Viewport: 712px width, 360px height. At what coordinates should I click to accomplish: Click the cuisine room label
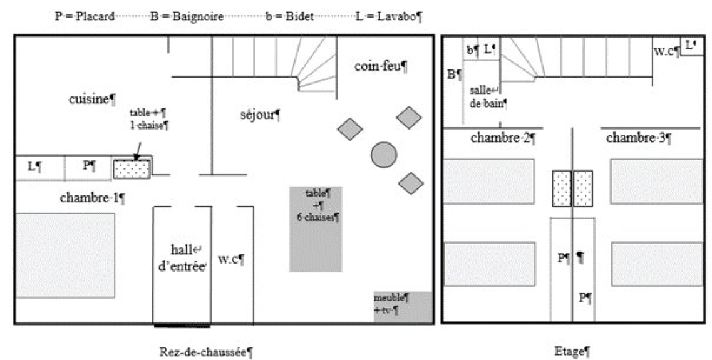coord(92,98)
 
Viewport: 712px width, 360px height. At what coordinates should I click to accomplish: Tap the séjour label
coord(259,115)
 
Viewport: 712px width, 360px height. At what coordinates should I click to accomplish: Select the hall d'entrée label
coord(181,257)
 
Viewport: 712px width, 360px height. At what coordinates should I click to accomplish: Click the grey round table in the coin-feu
coord(383,154)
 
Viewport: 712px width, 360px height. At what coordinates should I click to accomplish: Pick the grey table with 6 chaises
coord(316,229)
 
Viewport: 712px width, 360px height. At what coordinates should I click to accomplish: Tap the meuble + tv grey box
coord(403,307)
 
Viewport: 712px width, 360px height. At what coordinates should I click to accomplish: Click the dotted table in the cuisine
coord(132,168)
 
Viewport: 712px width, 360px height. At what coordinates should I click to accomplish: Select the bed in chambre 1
coord(65,255)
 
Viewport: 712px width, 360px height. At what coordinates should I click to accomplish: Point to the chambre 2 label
coord(502,138)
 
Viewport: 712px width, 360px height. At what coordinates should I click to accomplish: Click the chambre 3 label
coord(637,138)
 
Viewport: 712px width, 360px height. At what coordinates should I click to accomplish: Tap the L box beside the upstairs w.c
coord(690,46)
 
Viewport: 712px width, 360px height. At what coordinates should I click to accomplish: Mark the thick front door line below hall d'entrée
coord(182,325)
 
